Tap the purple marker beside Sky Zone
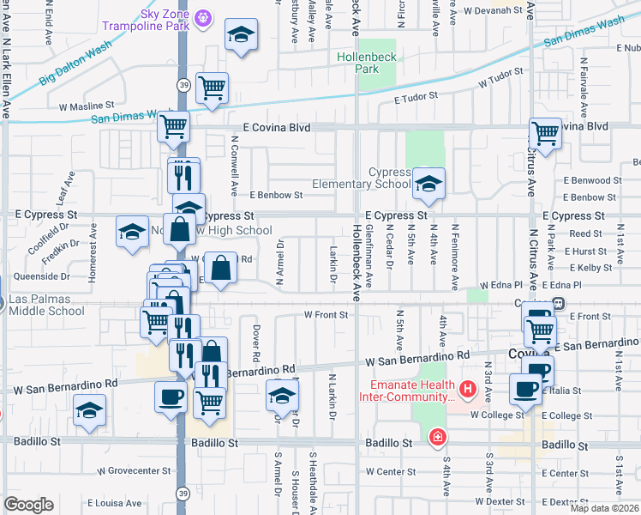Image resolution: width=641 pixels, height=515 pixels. [x=203, y=16]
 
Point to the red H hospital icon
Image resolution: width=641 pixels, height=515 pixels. [x=467, y=391]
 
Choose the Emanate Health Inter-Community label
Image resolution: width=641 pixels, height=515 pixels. [x=412, y=391]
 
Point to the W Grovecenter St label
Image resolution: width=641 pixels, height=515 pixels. [x=133, y=471]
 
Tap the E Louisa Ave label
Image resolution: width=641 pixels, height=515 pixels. [x=113, y=503]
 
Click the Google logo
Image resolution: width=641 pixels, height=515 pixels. [x=28, y=505]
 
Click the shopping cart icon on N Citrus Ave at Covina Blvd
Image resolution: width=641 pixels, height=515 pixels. [x=546, y=133]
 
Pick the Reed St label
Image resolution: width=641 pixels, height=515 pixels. [x=586, y=233]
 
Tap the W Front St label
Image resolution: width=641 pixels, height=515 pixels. [x=326, y=315]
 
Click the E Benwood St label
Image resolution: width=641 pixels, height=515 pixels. [x=593, y=180]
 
